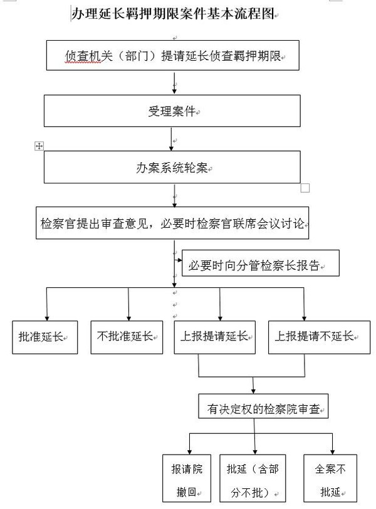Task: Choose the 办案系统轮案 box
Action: tap(172, 167)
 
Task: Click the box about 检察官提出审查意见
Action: tap(172, 223)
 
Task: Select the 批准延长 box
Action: tap(45, 337)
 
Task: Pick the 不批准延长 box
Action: tap(127, 337)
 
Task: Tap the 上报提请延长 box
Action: tap(216, 337)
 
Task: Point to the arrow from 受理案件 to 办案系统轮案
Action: tap(172, 138)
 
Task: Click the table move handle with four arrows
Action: tap(39, 145)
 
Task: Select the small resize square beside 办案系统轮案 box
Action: tap(305, 187)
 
